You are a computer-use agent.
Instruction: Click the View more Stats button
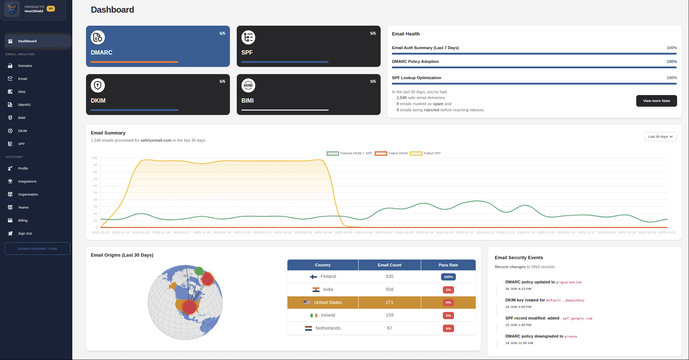coord(656,101)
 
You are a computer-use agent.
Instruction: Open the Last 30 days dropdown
coord(660,137)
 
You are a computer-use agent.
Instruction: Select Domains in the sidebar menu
coord(25,66)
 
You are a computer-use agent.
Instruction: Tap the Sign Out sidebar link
coord(25,233)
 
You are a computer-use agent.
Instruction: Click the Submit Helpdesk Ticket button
coord(37,249)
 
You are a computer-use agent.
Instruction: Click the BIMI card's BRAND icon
coord(248,86)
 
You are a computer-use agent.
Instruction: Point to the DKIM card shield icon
coord(98,86)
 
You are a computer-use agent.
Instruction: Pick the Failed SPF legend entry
coord(425,153)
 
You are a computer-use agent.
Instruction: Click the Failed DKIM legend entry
coord(391,153)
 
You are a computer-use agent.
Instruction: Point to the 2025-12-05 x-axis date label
coord(343,232)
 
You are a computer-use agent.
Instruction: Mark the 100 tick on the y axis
coord(95,158)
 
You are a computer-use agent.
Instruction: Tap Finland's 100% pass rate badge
coord(448,277)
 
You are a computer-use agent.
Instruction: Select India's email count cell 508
coord(389,290)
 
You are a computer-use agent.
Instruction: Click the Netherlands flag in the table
coord(308,329)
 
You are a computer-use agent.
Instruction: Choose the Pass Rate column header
coord(448,265)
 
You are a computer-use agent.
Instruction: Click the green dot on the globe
coord(199,271)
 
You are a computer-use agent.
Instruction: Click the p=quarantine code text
coord(569,282)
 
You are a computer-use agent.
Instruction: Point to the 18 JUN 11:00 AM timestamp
coord(519,343)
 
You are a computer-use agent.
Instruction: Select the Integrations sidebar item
coord(27,181)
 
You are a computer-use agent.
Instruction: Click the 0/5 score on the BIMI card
coord(373,81)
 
